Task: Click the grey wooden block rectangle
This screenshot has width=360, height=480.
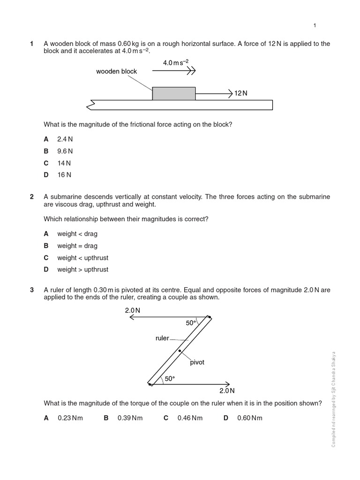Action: pos(174,93)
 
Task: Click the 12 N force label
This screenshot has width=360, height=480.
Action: pos(241,93)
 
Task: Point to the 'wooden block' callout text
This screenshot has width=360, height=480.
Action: pos(116,71)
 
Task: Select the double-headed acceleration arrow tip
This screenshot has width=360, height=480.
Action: pos(191,71)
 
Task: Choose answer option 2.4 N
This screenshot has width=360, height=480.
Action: pos(65,139)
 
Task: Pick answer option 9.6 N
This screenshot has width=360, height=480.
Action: pos(65,151)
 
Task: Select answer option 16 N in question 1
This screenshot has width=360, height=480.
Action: pos(64,175)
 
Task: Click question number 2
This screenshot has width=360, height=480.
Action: pos(32,197)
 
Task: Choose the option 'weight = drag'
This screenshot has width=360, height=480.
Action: pos(77,246)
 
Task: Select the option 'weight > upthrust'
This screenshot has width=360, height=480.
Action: pos(82,270)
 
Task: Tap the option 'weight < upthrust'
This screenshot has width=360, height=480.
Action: pos(82,258)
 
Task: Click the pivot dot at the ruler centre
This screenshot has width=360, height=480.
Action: pos(180,351)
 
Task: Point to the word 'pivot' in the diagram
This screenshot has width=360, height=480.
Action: pos(197,362)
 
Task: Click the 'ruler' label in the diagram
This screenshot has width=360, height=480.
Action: pos(162,338)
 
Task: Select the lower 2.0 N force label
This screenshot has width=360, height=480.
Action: pos(227,390)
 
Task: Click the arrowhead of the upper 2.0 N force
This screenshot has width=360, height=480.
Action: pos(131,317)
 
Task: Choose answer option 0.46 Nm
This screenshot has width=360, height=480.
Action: pos(190,418)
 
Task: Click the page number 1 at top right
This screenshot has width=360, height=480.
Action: pos(315,25)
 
